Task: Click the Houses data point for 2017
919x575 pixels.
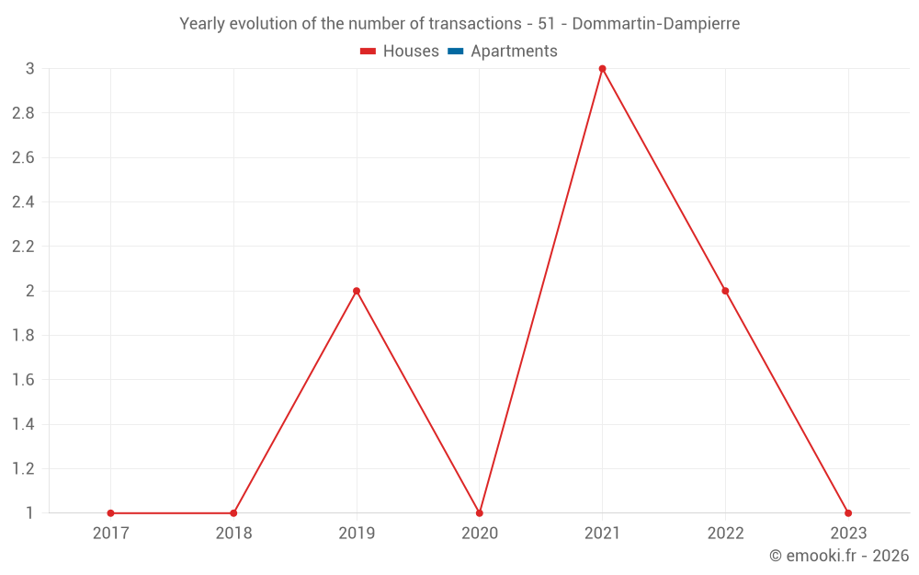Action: point(110,513)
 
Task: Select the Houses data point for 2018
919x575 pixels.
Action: point(233,513)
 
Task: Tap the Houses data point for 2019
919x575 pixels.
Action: point(357,291)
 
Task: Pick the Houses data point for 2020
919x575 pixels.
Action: point(480,513)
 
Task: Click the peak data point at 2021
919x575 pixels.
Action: point(602,69)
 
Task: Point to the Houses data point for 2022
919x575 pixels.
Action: point(725,291)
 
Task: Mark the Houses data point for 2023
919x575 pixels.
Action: point(848,513)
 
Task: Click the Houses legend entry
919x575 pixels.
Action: point(400,52)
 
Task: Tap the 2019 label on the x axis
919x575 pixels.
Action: point(357,533)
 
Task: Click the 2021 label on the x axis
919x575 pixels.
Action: point(602,533)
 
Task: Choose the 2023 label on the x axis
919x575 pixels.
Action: point(848,533)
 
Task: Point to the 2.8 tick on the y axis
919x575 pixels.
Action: point(23,113)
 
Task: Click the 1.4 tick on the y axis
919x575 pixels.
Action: point(23,424)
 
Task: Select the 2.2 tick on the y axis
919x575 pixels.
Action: point(23,247)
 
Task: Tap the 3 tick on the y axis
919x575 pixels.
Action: point(29,69)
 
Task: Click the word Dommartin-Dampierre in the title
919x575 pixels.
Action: point(655,24)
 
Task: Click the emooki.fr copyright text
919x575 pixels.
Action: point(839,556)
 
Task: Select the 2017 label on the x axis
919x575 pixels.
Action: point(110,533)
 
